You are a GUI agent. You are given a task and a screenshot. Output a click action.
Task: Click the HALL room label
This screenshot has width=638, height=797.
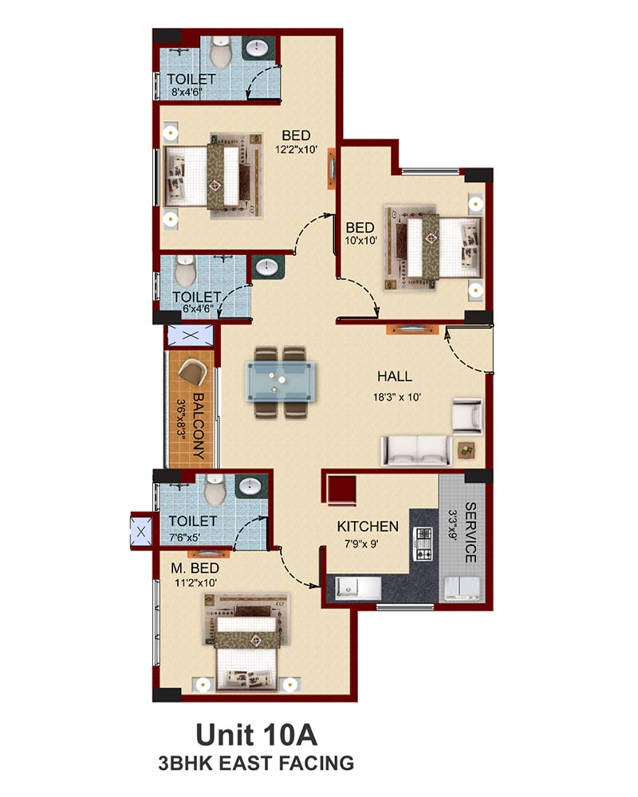394,377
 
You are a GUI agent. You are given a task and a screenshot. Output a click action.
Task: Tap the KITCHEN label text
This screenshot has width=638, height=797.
368,527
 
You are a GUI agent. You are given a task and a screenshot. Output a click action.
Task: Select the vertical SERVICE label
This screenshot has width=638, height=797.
471,532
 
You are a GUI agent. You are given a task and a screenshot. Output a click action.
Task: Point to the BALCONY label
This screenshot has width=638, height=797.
198,426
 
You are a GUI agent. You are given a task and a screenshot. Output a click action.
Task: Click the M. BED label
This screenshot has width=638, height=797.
195,568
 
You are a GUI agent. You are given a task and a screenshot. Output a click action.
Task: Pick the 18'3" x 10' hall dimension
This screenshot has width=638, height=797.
397,397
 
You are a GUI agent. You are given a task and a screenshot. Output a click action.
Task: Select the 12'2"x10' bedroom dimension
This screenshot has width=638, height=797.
297,150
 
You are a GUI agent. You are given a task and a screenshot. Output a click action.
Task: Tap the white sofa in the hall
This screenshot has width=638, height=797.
416,450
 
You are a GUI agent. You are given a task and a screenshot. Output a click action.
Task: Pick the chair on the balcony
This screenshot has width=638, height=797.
193,372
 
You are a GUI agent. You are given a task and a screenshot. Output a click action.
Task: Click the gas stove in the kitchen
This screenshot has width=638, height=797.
424,544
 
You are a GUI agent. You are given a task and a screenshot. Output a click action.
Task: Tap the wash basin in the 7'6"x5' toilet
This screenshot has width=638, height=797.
250,486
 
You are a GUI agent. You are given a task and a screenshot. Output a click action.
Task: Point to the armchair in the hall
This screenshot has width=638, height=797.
467,416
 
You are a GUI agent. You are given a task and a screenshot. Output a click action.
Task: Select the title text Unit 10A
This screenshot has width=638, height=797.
256,735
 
